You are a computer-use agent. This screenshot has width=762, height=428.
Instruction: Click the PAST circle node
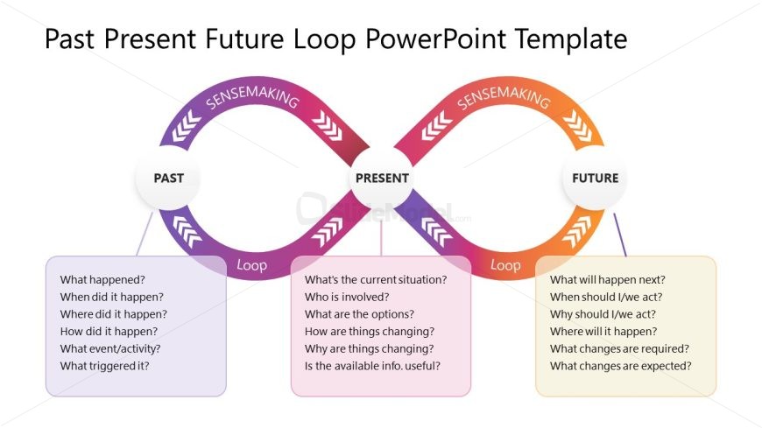169,178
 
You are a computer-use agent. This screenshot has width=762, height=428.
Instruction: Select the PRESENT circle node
382,178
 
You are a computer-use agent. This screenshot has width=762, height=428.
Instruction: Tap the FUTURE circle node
595,178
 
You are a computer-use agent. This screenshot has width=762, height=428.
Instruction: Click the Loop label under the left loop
251,264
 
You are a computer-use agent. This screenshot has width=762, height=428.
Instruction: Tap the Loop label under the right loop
505,264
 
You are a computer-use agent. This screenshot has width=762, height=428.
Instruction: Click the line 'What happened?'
102,280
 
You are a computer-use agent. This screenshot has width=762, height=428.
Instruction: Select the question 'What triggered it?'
104,366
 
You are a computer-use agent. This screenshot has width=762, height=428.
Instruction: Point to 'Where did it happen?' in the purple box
113,314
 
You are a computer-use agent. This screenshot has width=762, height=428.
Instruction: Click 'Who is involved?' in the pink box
348,298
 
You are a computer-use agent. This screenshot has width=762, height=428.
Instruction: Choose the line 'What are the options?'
359,314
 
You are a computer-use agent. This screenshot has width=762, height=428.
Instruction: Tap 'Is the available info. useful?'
372,366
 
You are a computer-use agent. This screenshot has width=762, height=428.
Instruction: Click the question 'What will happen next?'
607,280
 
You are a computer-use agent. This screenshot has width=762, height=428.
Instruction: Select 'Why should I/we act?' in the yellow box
603,314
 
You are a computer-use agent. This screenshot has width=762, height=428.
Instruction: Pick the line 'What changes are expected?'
620,366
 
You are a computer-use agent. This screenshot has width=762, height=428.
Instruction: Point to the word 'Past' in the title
70,40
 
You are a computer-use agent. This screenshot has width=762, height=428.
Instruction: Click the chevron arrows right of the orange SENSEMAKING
582,127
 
